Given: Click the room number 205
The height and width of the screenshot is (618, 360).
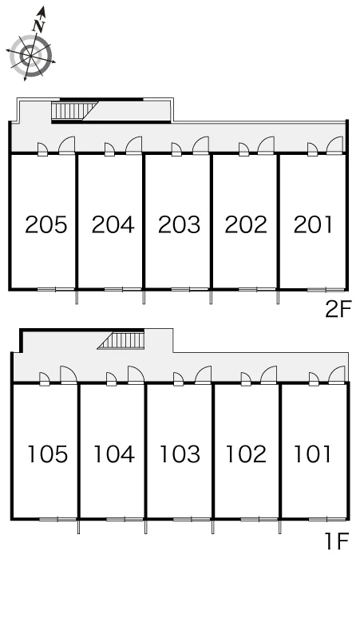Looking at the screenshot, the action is pos(46,224).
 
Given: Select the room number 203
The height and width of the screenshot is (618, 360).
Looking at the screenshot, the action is pos(180,224).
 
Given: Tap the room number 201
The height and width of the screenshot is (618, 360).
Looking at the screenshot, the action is pos(313,224).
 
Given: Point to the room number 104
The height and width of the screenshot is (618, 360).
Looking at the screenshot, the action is pos(114,454).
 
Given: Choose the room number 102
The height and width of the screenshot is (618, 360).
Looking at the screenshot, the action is pos(246,454).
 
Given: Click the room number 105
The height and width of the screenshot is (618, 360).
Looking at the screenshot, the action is pos(48,454).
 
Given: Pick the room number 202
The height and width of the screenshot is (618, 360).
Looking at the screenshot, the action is pos(246,224).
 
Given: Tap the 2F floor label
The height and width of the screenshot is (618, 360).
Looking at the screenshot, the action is pos(338,309).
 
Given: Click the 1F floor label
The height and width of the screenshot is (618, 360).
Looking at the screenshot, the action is pos(337,541).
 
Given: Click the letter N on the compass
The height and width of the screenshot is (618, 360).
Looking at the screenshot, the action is pos(39,26).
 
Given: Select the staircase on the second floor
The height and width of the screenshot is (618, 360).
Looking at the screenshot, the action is pos(75,110).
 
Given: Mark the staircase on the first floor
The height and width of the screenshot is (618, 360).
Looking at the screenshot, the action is pos(121,340).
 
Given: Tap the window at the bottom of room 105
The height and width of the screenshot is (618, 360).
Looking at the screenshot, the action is pos(58,519).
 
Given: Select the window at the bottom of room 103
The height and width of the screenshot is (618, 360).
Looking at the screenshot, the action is pos(192,519).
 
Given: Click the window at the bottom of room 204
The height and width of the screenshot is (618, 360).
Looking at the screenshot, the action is pos(123,290).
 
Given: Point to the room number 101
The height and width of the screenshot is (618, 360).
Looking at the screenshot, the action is pos(312,454).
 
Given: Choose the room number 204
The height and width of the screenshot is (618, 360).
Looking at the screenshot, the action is pos(113,224).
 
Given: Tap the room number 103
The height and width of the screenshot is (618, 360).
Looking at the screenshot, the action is pos(180,454).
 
